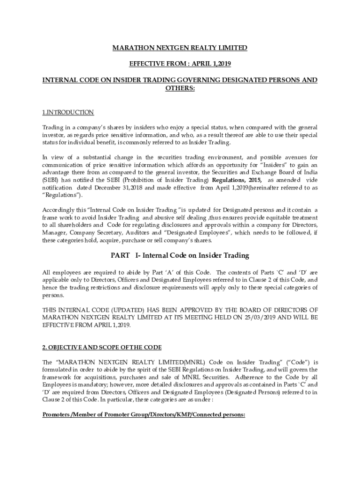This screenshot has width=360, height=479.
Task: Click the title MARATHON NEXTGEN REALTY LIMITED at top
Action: coord(180,48)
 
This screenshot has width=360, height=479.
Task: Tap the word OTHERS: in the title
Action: coord(180,88)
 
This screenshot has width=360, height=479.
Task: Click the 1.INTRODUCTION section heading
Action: coord(68,112)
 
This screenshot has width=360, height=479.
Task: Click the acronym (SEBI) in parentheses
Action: coord(50,180)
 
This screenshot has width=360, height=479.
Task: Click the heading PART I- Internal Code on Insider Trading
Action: coord(180,255)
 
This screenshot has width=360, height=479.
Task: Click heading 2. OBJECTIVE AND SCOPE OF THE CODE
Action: coord(102,347)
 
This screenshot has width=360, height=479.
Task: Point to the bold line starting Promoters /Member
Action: coord(144,414)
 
